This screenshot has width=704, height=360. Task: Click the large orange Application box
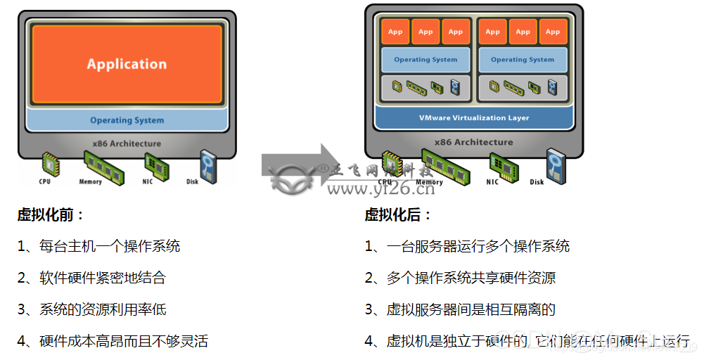127,64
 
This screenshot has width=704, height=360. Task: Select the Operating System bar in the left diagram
127,120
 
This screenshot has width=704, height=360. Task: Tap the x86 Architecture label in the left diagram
127,143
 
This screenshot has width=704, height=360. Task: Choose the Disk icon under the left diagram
207,165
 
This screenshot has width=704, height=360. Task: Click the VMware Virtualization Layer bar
474,117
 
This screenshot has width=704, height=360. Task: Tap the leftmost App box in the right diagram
395,32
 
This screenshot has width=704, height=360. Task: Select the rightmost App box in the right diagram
553,32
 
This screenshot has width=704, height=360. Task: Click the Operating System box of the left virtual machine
425,60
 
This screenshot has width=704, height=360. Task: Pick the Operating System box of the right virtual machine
523,60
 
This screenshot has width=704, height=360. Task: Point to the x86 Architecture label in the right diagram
473,142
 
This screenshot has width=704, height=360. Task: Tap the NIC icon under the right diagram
503,166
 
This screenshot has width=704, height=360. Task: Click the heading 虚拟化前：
51,214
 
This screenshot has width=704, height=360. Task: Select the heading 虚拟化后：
397,214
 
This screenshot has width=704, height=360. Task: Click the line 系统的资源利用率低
103,309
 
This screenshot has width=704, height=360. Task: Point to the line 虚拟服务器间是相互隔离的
471,309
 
